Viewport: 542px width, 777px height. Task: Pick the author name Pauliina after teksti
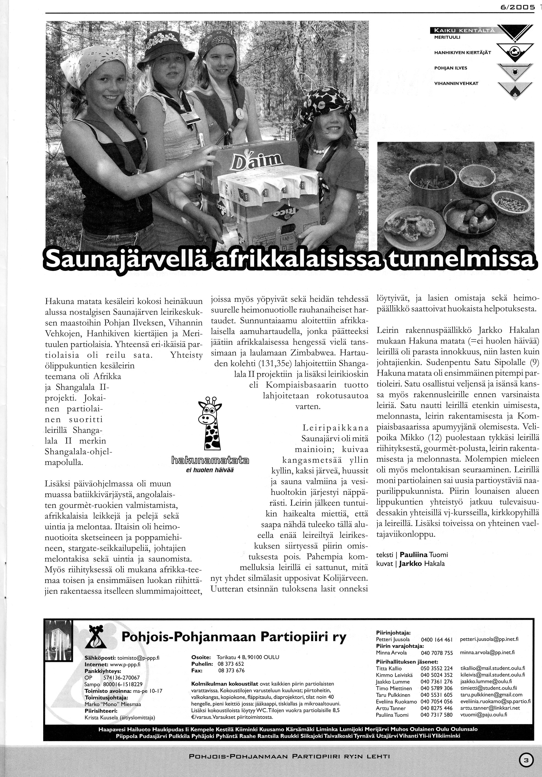[x=414, y=555]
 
